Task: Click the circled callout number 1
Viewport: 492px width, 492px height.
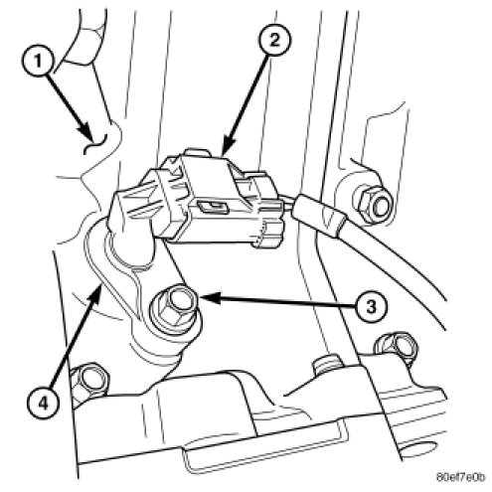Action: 38,62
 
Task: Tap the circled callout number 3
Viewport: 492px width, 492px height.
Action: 371,307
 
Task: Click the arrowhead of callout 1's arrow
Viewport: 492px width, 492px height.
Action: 85,132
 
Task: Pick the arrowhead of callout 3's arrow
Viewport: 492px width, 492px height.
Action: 210,297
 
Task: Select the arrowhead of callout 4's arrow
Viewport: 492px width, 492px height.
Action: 95,294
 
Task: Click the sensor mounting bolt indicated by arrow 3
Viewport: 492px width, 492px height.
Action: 175,308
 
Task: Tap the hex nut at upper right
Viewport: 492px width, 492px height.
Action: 373,203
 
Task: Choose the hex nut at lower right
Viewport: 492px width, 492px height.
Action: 396,349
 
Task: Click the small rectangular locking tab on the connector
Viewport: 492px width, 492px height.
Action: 213,207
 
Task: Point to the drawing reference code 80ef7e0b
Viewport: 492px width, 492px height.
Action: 460,477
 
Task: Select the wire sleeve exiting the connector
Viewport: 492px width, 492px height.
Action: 319,215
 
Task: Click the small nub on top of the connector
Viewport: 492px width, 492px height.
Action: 198,152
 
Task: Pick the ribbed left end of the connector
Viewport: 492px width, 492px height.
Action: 131,212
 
